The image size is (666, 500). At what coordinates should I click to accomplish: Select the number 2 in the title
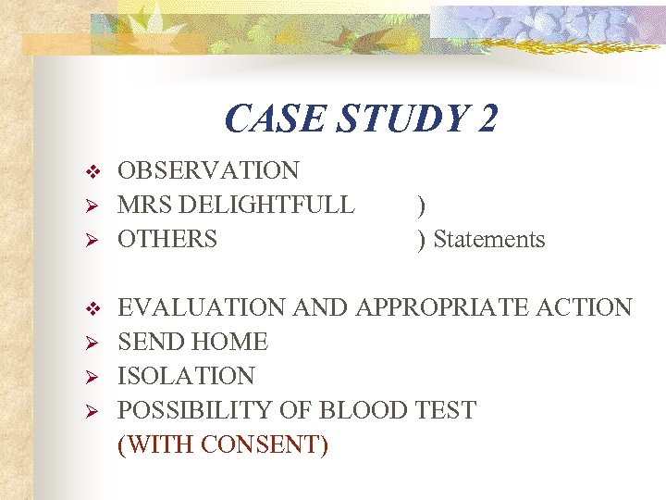click(x=487, y=119)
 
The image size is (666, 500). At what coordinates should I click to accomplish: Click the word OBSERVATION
click(x=208, y=170)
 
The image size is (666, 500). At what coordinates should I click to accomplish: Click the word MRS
click(x=143, y=205)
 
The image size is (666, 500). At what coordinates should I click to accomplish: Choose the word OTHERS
click(x=167, y=239)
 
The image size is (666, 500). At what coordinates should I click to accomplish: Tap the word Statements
click(x=489, y=239)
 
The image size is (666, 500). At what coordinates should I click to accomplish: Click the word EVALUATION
click(x=203, y=307)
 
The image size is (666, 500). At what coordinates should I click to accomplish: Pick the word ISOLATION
click(x=186, y=376)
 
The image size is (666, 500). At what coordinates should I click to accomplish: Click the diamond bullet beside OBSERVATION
click(x=91, y=171)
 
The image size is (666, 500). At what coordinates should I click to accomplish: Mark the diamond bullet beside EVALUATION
click(x=91, y=308)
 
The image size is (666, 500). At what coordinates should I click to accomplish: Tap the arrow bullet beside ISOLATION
click(x=91, y=377)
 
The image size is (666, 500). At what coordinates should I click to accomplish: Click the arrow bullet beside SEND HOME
click(x=91, y=343)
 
